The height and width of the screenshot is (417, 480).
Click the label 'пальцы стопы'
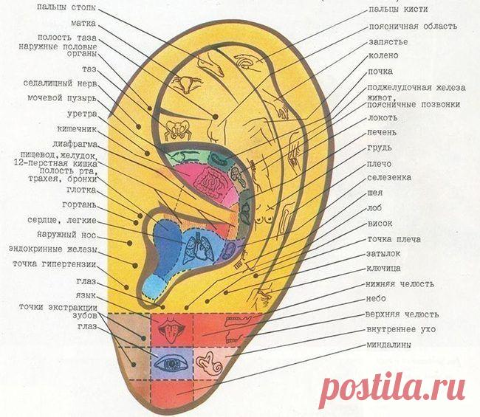[x=66, y=7]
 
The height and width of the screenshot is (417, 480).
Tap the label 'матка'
[x=83, y=24]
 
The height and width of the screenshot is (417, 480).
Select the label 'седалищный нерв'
[x=60, y=83]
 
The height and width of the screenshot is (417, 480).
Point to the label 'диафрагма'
[x=75, y=144]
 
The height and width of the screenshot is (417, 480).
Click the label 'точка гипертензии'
[x=55, y=264]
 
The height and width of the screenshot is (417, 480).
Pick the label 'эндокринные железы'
[x=53, y=249]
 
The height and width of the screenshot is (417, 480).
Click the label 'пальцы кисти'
[x=398, y=9]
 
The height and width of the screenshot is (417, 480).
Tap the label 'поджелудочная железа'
[x=416, y=88]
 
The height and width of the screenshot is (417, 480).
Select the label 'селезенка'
[x=389, y=177]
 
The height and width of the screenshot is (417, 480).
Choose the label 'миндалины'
[x=388, y=345]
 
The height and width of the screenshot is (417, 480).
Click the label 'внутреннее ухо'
[x=401, y=330]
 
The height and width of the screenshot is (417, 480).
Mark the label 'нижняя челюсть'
[x=400, y=284]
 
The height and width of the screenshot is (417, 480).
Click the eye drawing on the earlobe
[x=171, y=363]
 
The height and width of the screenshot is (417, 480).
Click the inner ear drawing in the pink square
[x=210, y=364]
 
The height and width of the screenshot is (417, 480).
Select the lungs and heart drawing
[x=199, y=247]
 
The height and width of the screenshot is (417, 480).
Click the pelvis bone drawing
[x=177, y=129]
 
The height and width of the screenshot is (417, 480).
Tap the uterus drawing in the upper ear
[x=186, y=83]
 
